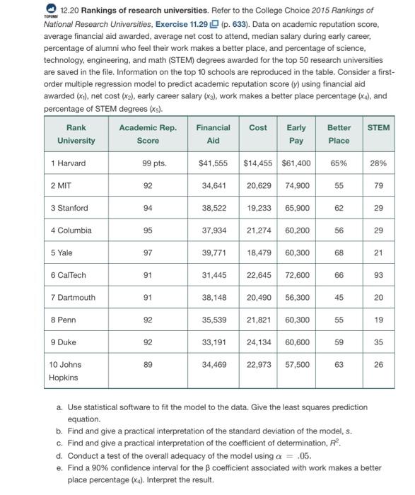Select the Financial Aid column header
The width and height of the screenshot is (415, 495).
point(213,134)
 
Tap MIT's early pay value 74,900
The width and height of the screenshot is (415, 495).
point(298,185)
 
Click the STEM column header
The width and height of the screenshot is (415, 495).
point(378,127)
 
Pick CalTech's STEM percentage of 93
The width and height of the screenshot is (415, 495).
point(378,274)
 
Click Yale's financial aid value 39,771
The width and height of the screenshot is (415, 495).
point(214,252)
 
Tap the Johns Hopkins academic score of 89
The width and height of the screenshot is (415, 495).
point(148,365)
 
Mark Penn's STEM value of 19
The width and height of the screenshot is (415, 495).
point(378,320)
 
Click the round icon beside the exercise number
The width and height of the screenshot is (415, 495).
point(51,9)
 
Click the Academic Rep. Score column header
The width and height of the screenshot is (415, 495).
point(148,134)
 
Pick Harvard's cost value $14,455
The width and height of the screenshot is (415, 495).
point(258,163)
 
